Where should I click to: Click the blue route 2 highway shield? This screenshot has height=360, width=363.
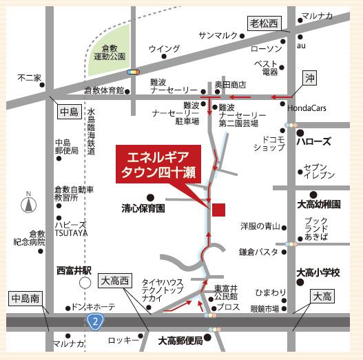(93, 321)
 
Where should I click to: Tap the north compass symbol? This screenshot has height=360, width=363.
(28, 204)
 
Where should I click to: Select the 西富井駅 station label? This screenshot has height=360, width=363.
(73, 271)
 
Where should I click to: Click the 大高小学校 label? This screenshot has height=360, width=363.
(318, 272)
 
